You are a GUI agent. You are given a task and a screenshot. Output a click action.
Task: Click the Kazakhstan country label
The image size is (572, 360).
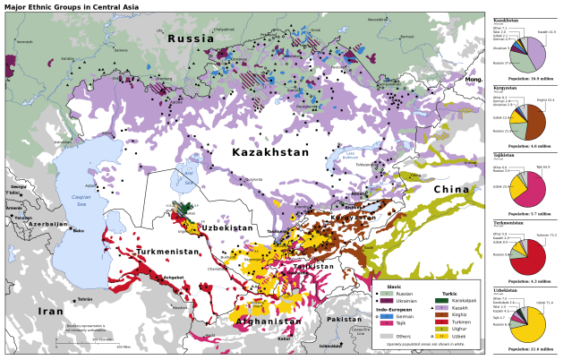269,152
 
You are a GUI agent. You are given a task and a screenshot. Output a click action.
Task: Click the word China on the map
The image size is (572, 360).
451,189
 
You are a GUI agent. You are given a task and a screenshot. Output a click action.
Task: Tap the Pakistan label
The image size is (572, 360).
345,319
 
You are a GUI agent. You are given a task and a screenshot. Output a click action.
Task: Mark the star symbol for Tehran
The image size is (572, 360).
69,298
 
